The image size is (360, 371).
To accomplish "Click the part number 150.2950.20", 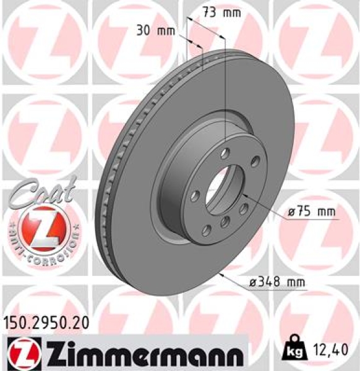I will coord(45,322).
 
